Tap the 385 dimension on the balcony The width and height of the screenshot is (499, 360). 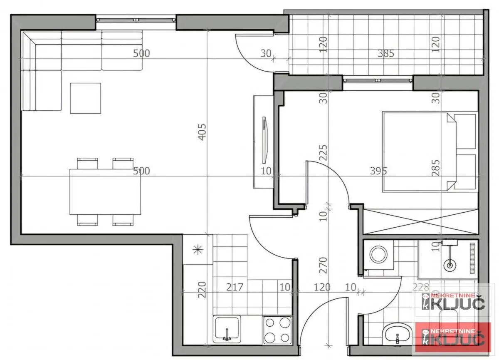point(386,53)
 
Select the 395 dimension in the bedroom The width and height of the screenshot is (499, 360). point(378,171)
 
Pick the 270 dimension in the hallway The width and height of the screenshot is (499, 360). point(324,265)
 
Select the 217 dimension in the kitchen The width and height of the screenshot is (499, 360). point(235,287)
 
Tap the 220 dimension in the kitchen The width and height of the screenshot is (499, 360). point(202,290)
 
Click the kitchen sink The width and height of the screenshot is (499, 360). point(227,328)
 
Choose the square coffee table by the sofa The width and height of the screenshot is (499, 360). point(85,98)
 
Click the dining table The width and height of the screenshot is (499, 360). point(105,191)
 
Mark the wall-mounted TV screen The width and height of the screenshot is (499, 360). point(264,140)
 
